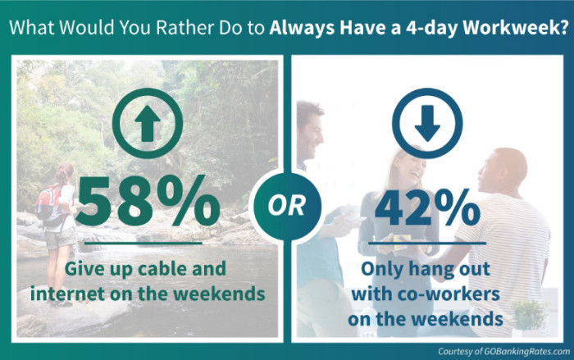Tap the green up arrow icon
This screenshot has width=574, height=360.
(x=147, y=124)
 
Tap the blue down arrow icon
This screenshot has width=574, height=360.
(x=427, y=124)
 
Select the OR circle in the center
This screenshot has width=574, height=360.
(x=287, y=206)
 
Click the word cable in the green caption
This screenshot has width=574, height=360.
(x=161, y=269)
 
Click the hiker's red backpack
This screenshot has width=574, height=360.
(x=48, y=204)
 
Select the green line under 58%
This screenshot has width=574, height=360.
(x=143, y=243)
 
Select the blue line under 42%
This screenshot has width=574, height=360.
(x=427, y=243)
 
